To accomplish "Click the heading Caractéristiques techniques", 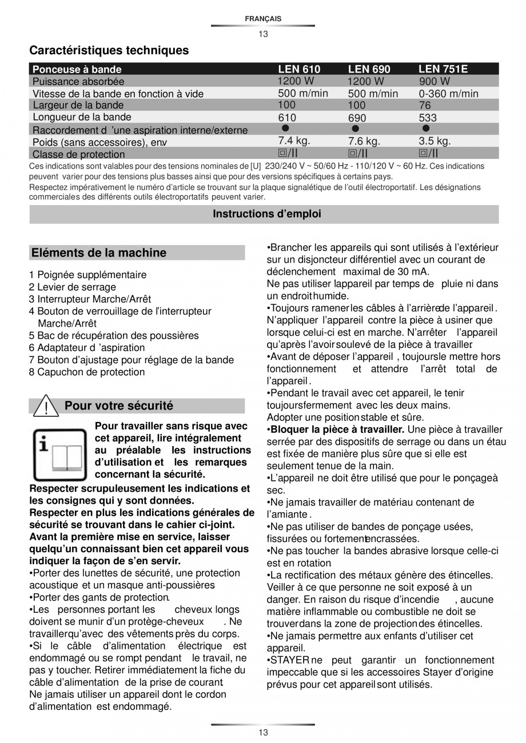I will pos(109,50).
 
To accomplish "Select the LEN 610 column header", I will pos(299,69).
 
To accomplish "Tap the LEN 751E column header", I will pos(443,69).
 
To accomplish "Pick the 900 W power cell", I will pos(434,81).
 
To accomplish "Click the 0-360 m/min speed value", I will pos(448,94).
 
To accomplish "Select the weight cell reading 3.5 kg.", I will pos(435,141).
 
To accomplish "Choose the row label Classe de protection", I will pos(78,154).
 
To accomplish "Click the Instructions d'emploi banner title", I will pos(267,214).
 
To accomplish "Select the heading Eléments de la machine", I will pos(99,252).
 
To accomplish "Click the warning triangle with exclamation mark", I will pos(44,407).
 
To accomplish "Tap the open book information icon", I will pos(55,455).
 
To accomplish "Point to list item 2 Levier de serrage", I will pos(73,287).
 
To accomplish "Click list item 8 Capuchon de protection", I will pos(87,372).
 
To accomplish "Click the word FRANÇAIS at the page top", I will pos(263,19).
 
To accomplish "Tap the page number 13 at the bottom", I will pos(263,733).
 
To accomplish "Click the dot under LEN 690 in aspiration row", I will pos(355,129).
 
